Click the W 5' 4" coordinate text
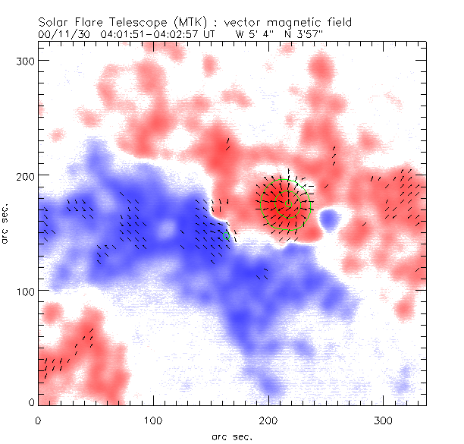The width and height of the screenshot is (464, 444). pos(253,33)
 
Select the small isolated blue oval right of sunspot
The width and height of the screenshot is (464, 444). pos(330,220)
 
